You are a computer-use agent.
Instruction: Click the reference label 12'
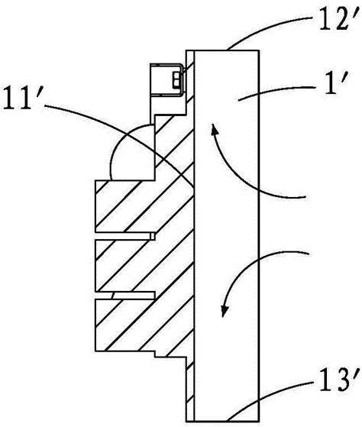(x=336, y=21)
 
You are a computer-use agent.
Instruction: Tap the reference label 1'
(x=335, y=84)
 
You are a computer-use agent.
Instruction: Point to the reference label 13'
(x=336, y=380)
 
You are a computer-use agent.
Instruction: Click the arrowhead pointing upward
(x=215, y=130)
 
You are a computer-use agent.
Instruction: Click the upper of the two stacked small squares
(x=176, y=75)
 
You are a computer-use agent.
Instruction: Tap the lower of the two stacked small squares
(x=176, y=82)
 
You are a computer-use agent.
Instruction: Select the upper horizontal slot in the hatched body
(x=125, y=236)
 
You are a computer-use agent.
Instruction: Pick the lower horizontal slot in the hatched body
(x=125, y=296)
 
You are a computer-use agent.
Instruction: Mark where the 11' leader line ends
(x=194, y=188)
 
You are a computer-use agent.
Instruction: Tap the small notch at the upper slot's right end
(x=154, y=236)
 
